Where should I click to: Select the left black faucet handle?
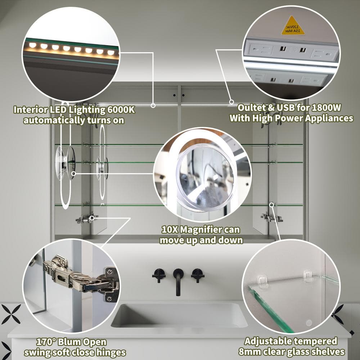point(159,275)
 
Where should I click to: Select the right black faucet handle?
point(198,275)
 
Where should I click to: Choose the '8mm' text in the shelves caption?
point(249,351)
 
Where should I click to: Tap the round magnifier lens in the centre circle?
point(205,178)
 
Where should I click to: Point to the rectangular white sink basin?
point(179,315)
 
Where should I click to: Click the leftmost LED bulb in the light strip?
point(33,45)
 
